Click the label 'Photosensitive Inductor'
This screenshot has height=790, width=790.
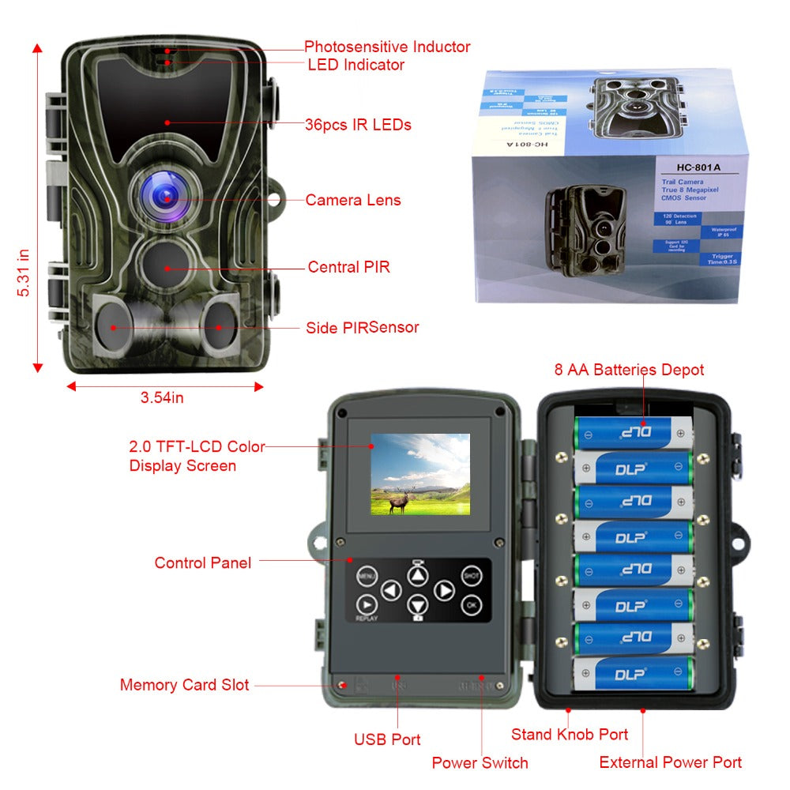coord(387,47)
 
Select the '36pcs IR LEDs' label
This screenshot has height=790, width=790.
coord(358,125)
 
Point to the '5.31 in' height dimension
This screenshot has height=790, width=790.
coord(24,273)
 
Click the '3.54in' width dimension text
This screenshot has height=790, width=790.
coord(162,398)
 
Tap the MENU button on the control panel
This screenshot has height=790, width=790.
coord(367,576)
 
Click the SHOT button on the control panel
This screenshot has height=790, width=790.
coord(472,576)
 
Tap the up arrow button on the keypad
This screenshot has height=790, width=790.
coord(417,575)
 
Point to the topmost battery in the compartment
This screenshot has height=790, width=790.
coord(632,432)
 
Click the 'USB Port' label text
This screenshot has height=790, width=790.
coord(387,739)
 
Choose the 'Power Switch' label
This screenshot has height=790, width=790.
coord(480,762)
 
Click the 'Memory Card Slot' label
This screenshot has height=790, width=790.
coord(184,685)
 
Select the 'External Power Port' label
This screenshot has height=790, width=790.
coord(670,762)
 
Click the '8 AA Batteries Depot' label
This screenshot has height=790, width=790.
coord(628,370)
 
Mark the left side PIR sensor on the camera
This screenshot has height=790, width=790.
coord(112,325)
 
